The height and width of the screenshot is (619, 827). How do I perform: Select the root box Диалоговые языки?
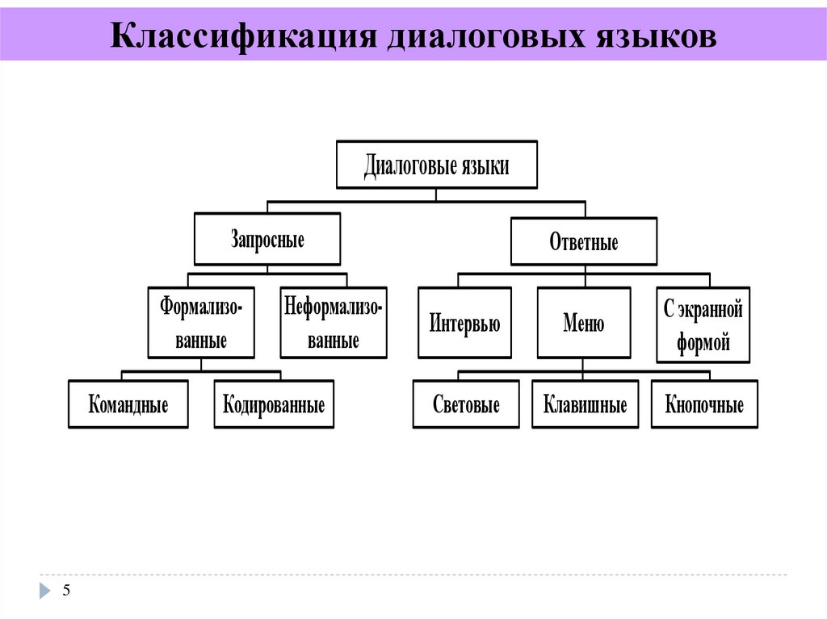436,166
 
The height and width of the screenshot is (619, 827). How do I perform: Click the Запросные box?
267,240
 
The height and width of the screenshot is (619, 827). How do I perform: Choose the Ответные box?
584,241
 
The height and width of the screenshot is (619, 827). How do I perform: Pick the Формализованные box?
202,323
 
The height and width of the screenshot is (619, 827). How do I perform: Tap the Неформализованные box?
333,323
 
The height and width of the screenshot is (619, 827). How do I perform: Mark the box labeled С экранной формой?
703,324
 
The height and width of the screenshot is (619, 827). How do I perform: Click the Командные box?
128,404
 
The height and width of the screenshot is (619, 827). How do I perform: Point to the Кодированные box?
274,404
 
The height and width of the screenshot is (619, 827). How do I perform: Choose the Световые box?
466,404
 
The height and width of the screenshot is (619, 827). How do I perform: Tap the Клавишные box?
585,404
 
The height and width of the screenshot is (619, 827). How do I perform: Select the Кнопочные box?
704,404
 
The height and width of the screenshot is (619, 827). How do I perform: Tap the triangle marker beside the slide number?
45,591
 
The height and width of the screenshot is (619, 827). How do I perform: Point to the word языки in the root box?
485,166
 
